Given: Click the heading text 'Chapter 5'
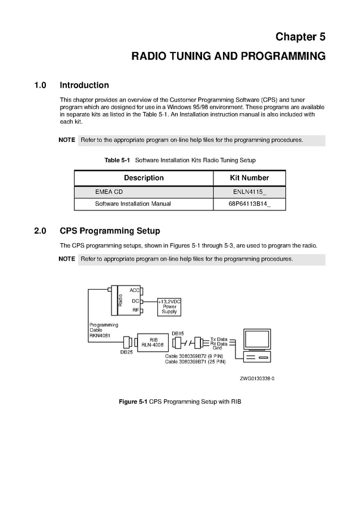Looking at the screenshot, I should click(300, 37).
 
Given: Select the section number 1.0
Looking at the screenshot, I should click(40, 85).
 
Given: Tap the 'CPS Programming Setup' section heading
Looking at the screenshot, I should click(110, 231).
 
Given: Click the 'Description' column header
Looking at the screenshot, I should click(144, 178).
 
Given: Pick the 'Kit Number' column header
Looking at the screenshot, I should click(249, 178).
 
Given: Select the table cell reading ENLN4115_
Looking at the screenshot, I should click(249, 192).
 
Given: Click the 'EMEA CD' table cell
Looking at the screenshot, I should click(109, 192).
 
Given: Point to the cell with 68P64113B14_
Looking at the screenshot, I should click(249, 204).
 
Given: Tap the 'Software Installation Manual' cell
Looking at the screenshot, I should click(132, 204).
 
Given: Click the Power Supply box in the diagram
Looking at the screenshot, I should click(169, 307).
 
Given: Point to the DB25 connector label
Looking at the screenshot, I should click(126, 352).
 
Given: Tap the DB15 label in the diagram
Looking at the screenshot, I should click(178, 333).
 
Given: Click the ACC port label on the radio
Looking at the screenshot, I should click(134, 290).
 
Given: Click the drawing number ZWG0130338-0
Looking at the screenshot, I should click(256, 378).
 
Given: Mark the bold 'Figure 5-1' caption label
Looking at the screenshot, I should click(132, 402).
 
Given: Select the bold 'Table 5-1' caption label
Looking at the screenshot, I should click(117, 160).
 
